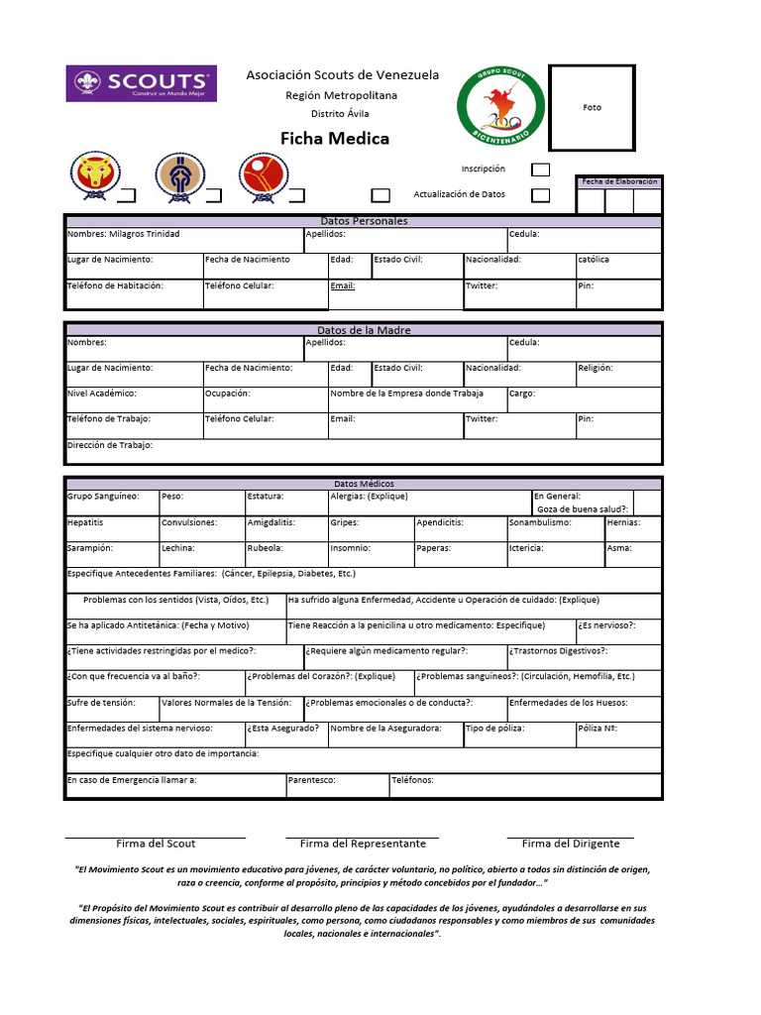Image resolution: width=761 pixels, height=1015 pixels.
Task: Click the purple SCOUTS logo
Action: click(141, 83)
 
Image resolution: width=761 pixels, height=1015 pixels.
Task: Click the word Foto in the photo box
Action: click(592, 107)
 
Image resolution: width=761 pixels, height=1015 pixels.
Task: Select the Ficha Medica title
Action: click(335, 139)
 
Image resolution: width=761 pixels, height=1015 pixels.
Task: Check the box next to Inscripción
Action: click(540, 169)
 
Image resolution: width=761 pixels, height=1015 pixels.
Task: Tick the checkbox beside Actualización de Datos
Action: click(540, 195)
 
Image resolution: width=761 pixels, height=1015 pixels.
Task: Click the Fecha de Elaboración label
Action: click(619, 182)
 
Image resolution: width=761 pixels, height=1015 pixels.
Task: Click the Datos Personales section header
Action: click(364, 221)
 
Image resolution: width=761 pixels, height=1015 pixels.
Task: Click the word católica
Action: click(594, 260)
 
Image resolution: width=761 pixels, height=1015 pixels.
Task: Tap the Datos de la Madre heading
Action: click(364, 330)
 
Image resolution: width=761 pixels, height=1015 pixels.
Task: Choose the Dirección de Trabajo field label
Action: click(110, 446)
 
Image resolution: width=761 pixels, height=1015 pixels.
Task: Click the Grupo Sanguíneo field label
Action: click(103, 497)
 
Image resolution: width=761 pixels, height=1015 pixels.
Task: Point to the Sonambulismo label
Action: click(540, 522)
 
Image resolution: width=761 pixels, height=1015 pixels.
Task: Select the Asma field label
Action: click(618, 548)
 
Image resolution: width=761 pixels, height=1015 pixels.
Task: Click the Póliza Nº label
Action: click(598, 729)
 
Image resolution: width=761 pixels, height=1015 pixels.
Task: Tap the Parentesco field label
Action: click(311, 780)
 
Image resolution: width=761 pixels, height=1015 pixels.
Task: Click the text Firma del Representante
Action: click(363, 844)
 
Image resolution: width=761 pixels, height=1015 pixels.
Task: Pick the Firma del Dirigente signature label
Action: click(571, 844)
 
